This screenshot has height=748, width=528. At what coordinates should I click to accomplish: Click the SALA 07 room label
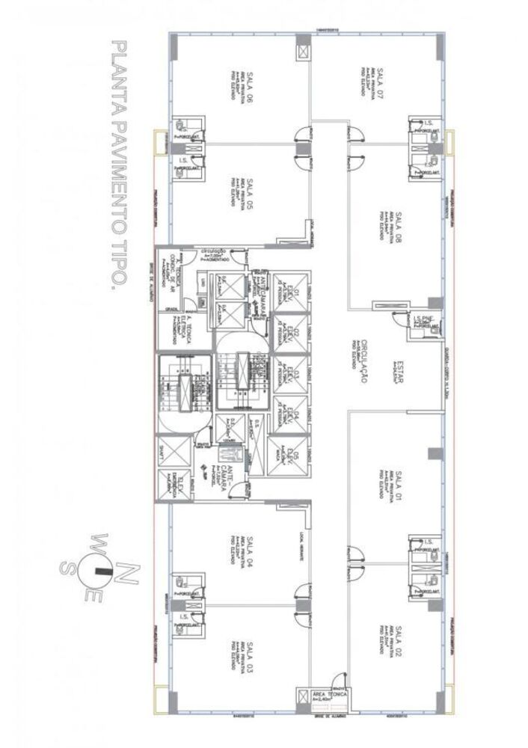click(380, 83)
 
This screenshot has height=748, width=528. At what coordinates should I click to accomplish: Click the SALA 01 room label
click(399, 485)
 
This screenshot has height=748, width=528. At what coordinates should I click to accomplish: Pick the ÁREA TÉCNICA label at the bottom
click(327, 695)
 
